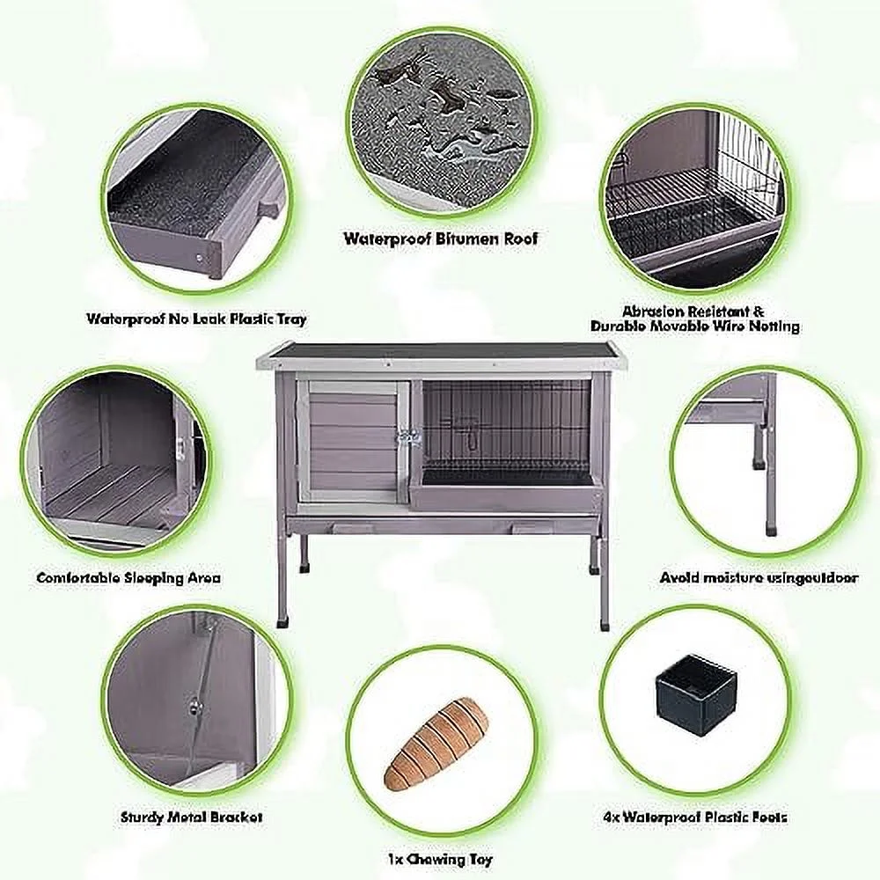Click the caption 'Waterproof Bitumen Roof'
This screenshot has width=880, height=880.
pyautogui.click(x=440, y=238)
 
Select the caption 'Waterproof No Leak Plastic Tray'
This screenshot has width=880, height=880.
pyautogui.click(x=196, y=319)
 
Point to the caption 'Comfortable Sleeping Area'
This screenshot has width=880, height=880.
pyautogui.click(x=128, y=578)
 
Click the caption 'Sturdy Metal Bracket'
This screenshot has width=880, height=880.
pyautogui.click(x=191, y=817)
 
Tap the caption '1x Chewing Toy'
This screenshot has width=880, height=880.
pyautogui.click(x=441, y=859)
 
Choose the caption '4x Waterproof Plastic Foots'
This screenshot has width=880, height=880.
pyautogui.click(x=695, y=818)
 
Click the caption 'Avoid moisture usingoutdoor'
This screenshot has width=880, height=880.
pyautogui.click(x=759, y=578)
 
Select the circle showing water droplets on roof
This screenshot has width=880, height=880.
pyautogui.click(x=439, y=123)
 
